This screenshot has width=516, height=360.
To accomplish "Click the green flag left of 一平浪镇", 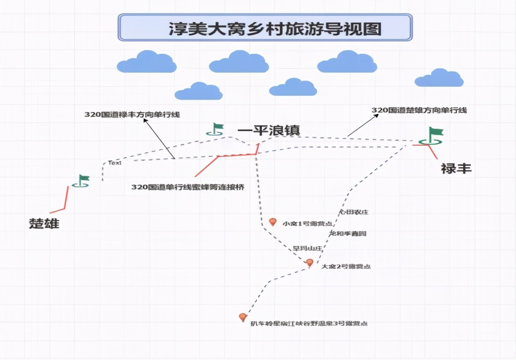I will pos(216,129).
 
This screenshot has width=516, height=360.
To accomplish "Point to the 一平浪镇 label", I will pos(268,130).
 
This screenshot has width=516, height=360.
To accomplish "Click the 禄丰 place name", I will pos(456,169).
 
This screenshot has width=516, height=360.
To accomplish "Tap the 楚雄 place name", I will pos(44,223).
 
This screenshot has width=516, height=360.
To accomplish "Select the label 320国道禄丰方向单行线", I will pos(132,115).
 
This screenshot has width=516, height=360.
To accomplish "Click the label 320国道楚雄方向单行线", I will pos(419,110).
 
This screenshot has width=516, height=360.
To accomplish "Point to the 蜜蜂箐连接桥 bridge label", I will pos(188,187).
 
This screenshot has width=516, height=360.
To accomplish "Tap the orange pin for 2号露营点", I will pos(309,262).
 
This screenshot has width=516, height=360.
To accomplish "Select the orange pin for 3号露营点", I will pos(243,318).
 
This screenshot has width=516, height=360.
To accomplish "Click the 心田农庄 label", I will pos(354,212).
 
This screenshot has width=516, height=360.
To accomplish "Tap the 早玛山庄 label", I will pos(308,248).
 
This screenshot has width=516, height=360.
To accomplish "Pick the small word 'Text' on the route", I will pos(115,163).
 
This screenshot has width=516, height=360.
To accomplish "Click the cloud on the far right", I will pos(439,78).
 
